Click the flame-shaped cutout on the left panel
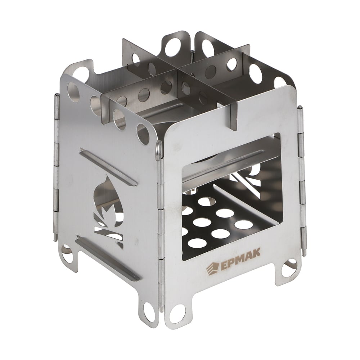pos(108,211)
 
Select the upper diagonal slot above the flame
pos(108,166)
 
